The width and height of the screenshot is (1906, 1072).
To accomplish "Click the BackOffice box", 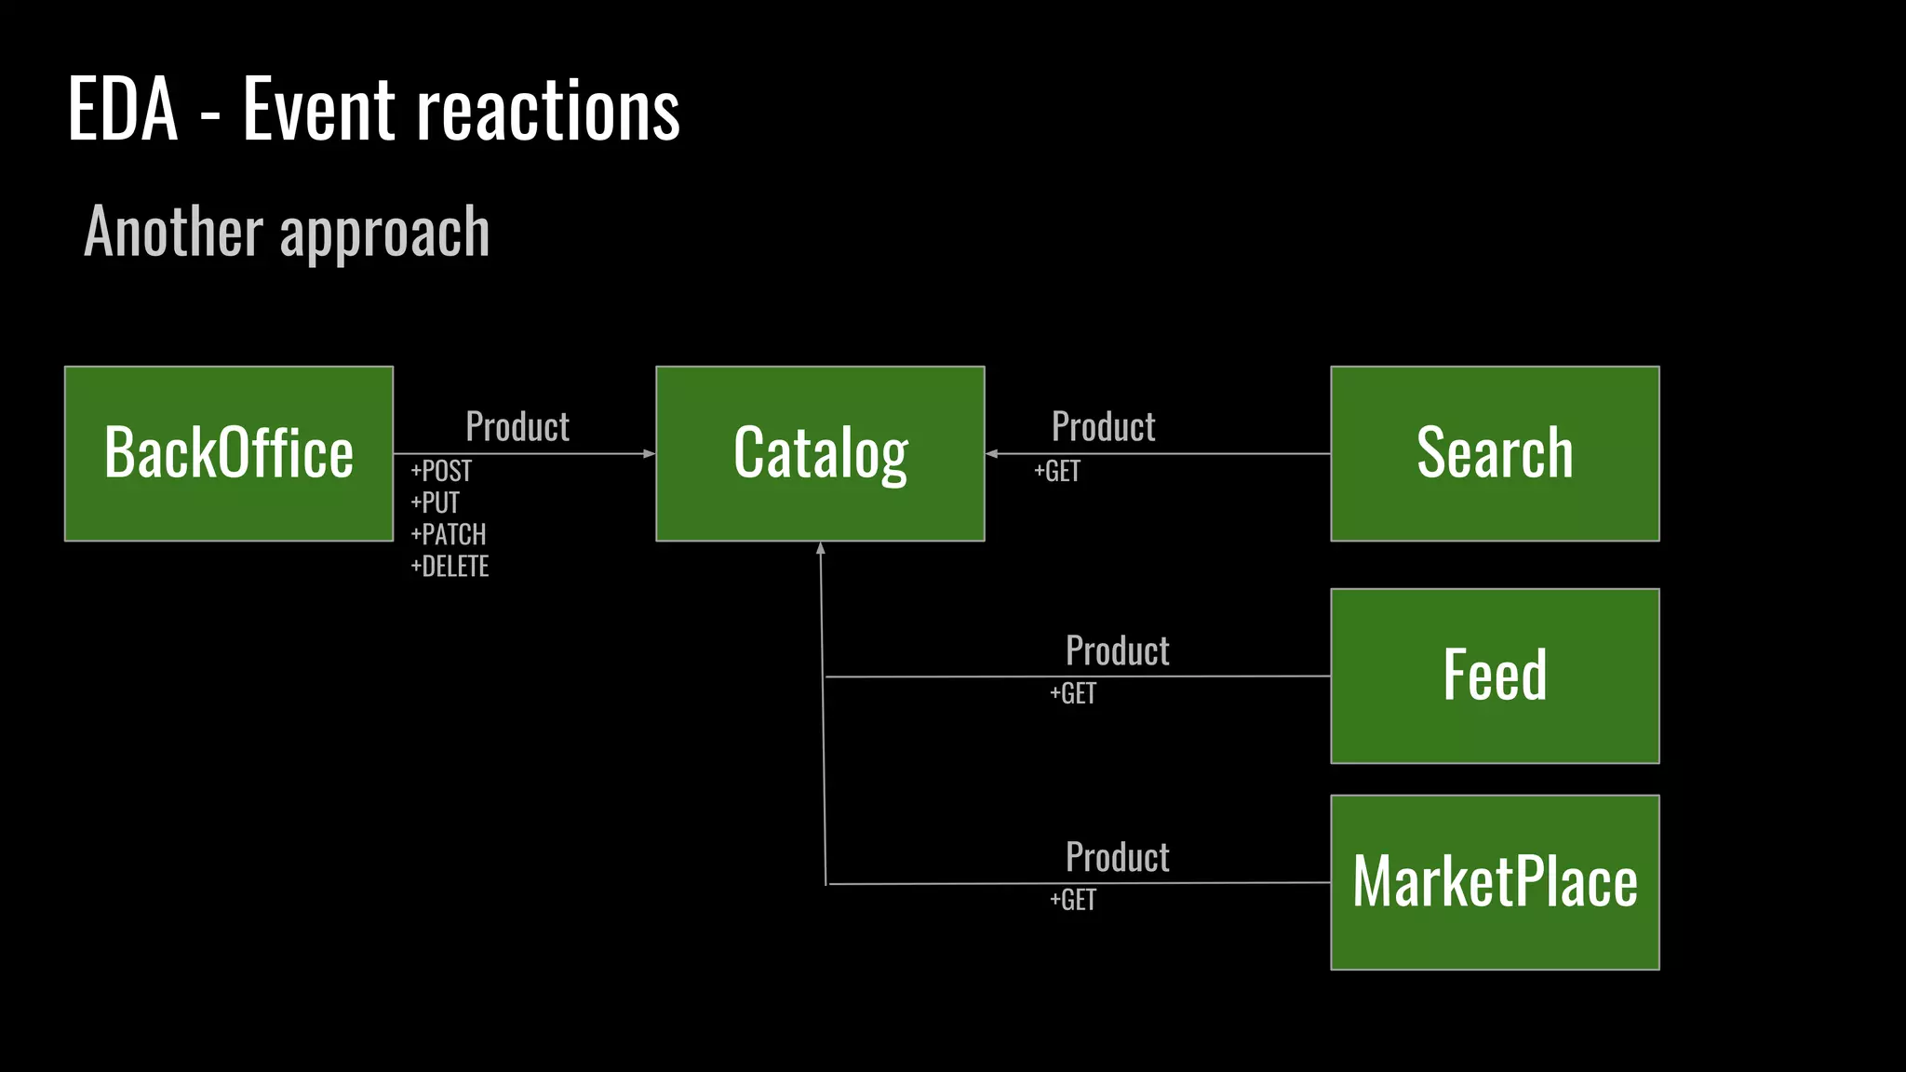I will coord(229,453).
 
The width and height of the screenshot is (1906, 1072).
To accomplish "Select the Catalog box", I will coord(820,453).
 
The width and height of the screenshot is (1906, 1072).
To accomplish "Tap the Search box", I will coord(1495,453).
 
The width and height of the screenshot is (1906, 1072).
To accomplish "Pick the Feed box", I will coord(1495,676).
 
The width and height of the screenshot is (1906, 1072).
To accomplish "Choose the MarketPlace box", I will coord(1495,882).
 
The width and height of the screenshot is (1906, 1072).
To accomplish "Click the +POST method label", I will coord(441,471).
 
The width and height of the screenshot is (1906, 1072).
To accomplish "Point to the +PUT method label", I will coord(436,502).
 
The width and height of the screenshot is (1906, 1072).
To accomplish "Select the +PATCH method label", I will coord(449,534).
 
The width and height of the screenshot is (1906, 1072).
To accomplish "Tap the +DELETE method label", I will coord(450,566).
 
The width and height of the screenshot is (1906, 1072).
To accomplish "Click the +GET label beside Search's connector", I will coord(1057,471).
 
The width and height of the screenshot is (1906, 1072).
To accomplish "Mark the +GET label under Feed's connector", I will coord(1073,693).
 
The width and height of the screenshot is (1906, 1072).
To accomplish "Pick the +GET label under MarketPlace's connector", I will coord(1073,900).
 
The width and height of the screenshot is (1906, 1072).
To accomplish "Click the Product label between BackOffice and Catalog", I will coord(517,426).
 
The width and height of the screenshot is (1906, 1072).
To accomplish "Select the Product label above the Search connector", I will coord(1104,426).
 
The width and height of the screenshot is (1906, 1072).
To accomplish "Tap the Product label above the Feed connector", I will coord(1118,650).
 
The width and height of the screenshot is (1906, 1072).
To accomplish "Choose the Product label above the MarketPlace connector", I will coord(1118,857).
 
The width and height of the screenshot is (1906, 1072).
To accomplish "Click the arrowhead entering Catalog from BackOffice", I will coord(650,454).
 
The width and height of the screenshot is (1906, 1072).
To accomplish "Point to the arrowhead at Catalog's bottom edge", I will coord(821,549).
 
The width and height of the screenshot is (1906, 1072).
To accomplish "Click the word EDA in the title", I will coord(123,110).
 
